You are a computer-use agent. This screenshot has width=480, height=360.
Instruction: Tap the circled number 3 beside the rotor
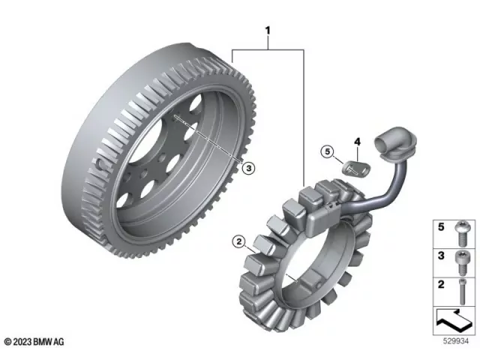tap(247, 167)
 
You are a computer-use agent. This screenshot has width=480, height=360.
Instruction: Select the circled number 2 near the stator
tap(238, 241)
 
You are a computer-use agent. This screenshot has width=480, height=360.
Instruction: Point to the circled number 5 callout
tap(327, 151)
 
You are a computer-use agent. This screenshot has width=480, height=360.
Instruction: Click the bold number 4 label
tap(357, 141)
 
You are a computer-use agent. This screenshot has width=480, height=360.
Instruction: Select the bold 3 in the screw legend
tap(442, 256)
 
